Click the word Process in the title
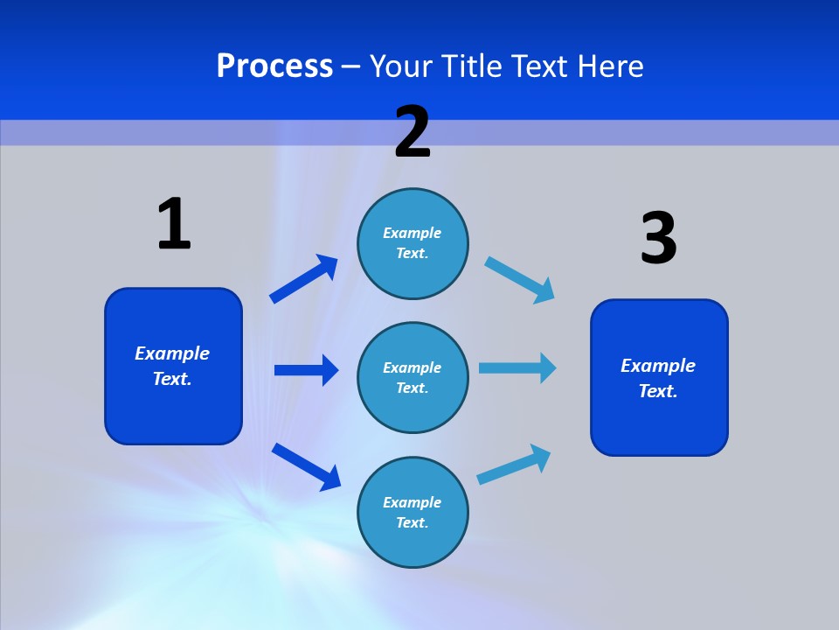[274, 66]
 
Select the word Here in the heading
[608, 66]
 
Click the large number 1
[174, 225]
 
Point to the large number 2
[413, 132]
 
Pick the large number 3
[658, 238]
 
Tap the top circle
[413, 243]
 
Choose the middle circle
[413, 377]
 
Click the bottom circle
[413, 512]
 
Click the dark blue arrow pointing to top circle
[303, 279]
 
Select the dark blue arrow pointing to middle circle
[306, 370]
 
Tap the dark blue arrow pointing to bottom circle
[306, 466]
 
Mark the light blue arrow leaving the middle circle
[517, 368]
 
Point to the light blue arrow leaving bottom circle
[515, 465]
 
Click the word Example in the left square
[172, 353]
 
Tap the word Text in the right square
[658, 391]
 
